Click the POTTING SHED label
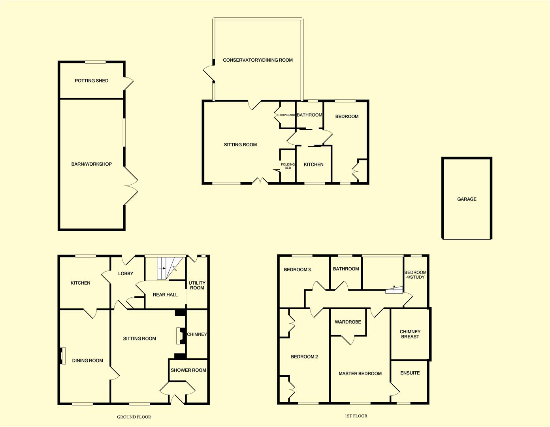[x=91, y=81]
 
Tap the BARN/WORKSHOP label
[x=91, y=164]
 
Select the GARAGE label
[x=467, y=199]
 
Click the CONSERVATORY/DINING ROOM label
[x=258, y=60]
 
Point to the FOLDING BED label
[x=288, y=166]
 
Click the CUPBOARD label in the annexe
[x=287, y=115]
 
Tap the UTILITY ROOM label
[x=197, y=285]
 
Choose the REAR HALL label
[x=165, y=295]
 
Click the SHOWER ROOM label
[x=188, y=370]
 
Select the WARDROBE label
[x=348, y=322]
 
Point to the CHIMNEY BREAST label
[x=410, y=334]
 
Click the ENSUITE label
[x=410, y=373]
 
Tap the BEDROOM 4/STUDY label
[x=415, y=275]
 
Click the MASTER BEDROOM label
[x=360, y=374]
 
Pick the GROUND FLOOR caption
[x=134, y=417]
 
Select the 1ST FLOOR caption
[x=356, y=416]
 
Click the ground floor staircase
[x=166, y=268]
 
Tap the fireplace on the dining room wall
[x=62, y=355]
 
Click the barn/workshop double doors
[x=131, y=186]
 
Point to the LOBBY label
[x=126, y=274]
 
